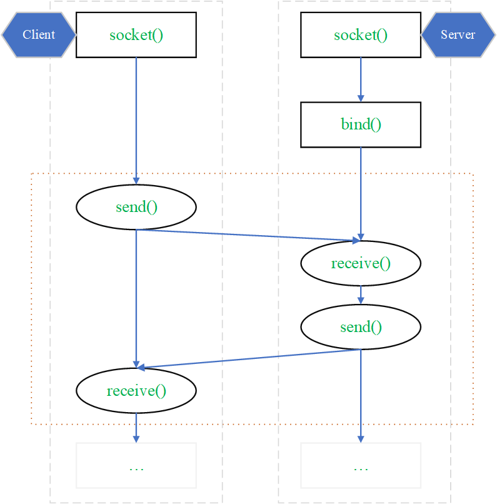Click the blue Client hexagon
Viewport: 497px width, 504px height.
[x=39, y=35]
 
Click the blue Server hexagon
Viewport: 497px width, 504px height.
[x=458, y=35]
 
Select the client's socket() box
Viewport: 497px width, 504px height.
[x=136, y=35]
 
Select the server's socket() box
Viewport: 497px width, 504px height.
[x=361, y=35]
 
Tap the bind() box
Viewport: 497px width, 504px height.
[x=361, y=124]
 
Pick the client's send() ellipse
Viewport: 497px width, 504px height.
[x=136, y=207]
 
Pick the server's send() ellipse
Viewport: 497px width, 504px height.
[x=361, y=327]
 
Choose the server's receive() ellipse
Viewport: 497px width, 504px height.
[x=361, y=263]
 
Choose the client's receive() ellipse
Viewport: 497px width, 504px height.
[x=136, y=391]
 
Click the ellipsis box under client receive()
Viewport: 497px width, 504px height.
[x=136, y=465]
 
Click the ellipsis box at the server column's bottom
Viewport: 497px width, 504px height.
[x=361, y=465]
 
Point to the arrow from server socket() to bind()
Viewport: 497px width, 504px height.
[x=361, y=79]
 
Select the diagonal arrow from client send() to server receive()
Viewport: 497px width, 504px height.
[x=248, y=235]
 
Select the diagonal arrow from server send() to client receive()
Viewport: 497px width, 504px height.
[x=248, y=358]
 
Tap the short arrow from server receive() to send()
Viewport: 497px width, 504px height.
[x=361, y=295]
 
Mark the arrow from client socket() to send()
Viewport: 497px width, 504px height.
[x=136, y=121]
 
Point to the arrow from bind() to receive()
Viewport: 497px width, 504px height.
[x=361, y=194]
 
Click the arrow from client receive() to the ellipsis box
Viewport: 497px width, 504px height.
[x=136, y=428]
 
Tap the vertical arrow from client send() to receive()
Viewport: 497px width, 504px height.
[x=136, y=299]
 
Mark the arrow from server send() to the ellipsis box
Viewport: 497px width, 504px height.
[x=361, y=396]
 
